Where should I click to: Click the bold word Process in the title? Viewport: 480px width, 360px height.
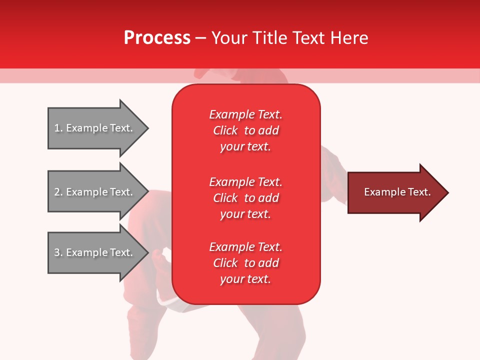(x=157, y=38)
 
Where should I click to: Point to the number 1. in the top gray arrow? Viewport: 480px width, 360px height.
(x=58, y=128)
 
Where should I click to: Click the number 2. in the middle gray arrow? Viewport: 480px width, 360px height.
(x=58, y=192)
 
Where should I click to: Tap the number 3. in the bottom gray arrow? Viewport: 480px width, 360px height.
(x=58, y=252)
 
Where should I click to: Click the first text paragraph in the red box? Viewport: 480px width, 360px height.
(x=245, y=130)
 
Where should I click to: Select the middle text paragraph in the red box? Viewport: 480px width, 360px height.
(x=245, y=198)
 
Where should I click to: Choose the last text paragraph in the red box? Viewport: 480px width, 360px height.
(x=245, y=263)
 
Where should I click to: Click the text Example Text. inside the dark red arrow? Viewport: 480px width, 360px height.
(x=397, y=192)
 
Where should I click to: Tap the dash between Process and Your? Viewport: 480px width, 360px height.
(x=200, y=38)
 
